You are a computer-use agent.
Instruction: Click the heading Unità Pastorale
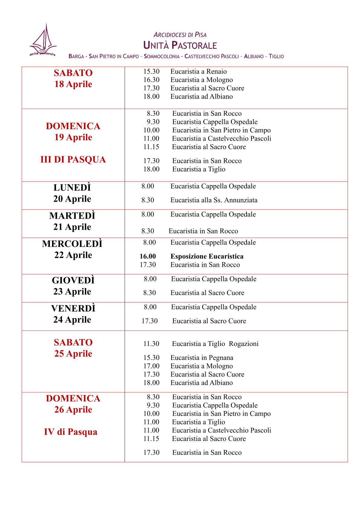(180, 46)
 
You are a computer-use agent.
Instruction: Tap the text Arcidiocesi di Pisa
(180, 35)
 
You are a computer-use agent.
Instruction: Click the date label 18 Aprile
(73, 84)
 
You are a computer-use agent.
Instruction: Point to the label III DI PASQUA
(73, 159)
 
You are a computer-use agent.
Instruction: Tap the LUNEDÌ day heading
(72, 188)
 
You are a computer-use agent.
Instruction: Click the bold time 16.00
(148, 256)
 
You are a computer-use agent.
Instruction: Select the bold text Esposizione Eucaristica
(207, 256)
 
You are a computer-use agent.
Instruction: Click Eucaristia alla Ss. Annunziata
(214, 200)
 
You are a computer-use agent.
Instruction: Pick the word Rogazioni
(244, 344)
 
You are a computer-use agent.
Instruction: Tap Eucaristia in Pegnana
(202, 357)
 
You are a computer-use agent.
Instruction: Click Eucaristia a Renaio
(198, 71)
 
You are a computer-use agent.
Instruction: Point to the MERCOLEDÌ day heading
(72, 244)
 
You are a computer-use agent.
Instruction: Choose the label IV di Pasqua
(71, 432)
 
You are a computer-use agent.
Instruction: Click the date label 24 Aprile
(72, 319)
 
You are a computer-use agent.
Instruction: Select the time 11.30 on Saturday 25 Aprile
(151, 344)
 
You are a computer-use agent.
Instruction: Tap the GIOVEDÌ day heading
(73, 280)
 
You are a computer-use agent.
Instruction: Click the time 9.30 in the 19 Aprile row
(153, 122)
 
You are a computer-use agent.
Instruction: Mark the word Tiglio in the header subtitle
(276, 57)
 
